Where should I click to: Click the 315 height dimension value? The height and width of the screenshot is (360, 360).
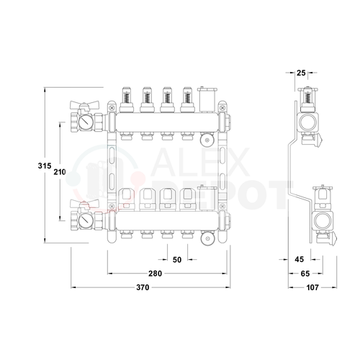45,166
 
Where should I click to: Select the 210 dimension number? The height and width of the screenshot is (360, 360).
60,172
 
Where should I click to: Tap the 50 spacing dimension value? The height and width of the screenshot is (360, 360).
177,260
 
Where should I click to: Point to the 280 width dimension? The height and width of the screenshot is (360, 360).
155,274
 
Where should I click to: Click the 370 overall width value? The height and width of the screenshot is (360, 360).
143,287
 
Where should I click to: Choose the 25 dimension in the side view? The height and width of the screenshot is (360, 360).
301,73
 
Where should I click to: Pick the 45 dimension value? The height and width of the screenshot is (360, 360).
300,259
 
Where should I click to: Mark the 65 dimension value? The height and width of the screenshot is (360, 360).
305,274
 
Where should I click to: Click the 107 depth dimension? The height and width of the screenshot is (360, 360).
312,287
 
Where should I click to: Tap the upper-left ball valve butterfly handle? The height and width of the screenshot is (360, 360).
84,105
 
